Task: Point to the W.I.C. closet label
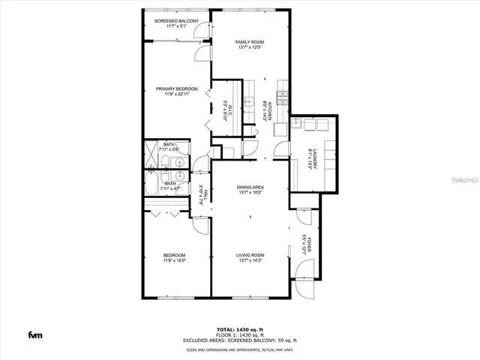coord(226,111)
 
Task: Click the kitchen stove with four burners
coord(281,96)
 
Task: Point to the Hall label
coord(201,195)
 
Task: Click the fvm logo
coord(34,334)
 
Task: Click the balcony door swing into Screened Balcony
coord(201,30)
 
